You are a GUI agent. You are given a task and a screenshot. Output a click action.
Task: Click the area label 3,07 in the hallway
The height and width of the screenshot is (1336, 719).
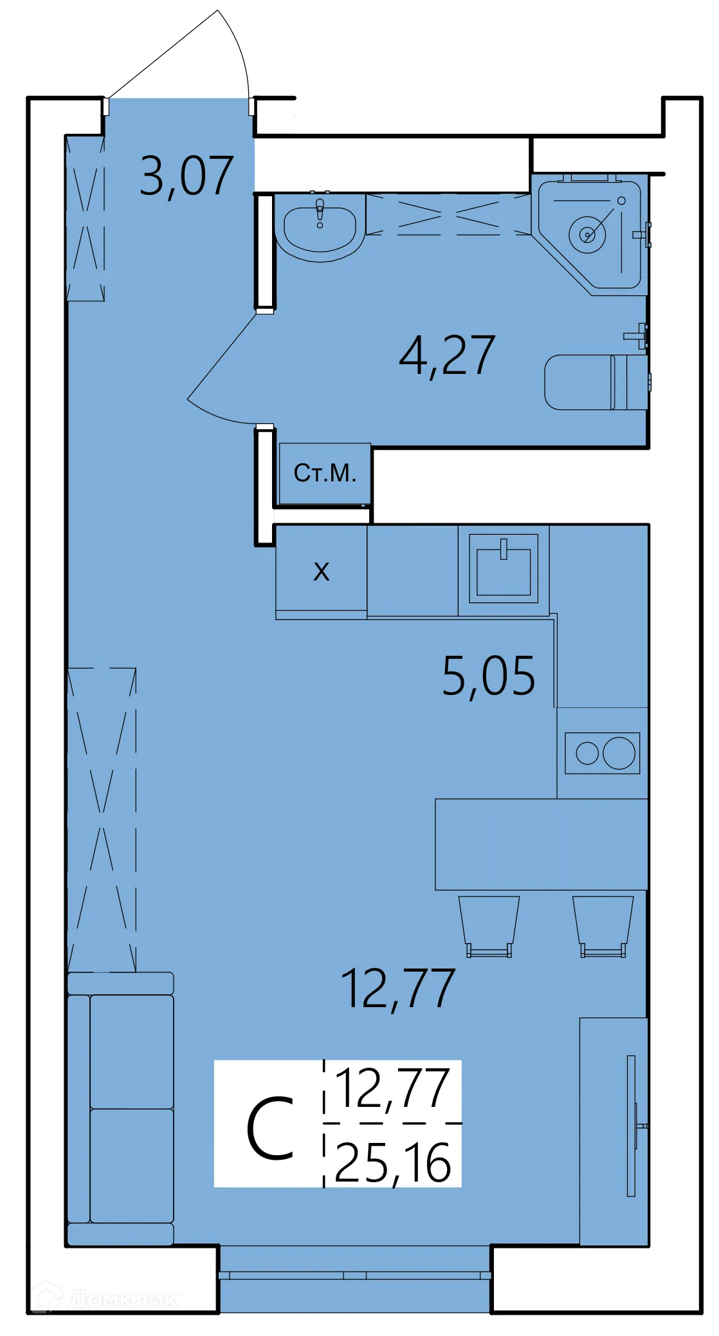(187, 176)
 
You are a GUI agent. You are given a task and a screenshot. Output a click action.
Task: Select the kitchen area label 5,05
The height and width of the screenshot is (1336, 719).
(488, 676)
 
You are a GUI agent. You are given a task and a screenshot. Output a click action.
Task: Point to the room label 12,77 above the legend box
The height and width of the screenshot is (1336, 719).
(398, 989)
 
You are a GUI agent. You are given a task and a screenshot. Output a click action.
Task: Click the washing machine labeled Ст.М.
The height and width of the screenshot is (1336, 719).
(325, 474)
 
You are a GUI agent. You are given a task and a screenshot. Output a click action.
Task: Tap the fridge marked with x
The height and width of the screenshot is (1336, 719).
(321, 571)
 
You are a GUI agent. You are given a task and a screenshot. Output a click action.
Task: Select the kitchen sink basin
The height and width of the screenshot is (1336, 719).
(503, 570)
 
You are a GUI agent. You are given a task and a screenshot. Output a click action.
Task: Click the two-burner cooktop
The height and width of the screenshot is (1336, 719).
(602, 753)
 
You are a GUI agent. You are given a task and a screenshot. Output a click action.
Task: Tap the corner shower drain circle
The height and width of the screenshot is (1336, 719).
(587, 234)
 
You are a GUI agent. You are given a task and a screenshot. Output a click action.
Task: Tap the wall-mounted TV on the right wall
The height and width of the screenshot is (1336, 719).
(632, 1126)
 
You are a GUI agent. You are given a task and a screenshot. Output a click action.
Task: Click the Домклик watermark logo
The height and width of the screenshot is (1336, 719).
(106, 1299)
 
